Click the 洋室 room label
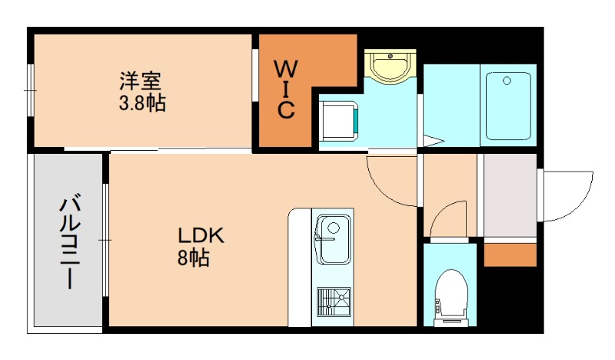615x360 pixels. [139, 79]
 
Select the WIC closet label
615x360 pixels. [284, 88]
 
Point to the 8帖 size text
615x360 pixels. [193, 258]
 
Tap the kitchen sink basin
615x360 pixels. [333, 239]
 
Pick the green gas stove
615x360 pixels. [333, 302]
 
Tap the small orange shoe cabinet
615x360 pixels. [510, 253]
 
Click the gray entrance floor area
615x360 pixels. [509, 196]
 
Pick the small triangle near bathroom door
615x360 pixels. [430, 142]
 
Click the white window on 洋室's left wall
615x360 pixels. [32, 92]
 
